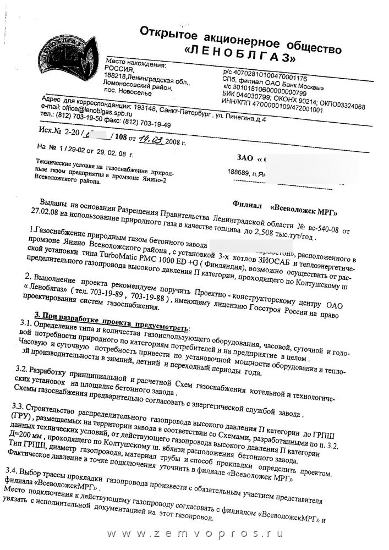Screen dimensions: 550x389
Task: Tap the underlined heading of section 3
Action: [x=119, y=314]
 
